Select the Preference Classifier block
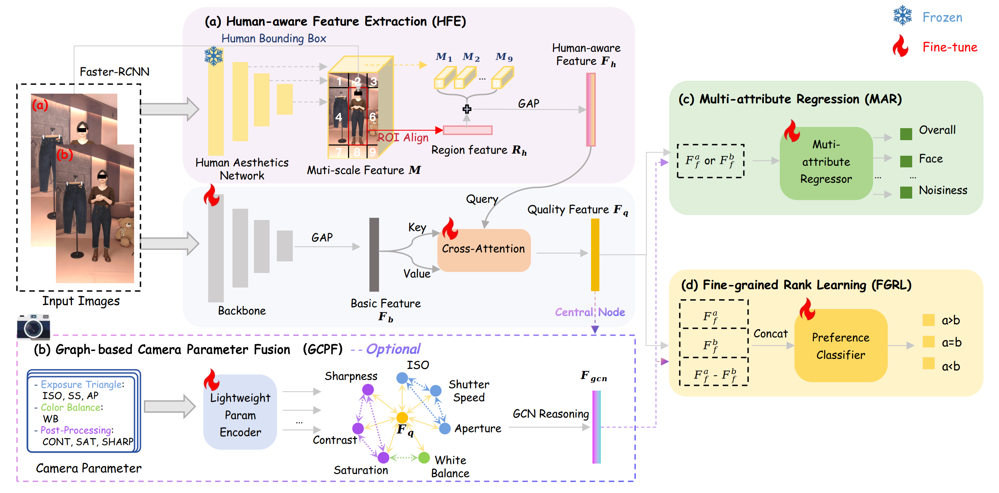click(840, 346)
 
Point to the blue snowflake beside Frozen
click(902, 16)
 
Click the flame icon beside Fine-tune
click(901, 46)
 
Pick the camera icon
click(33, 326)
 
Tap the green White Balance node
click(424, 458)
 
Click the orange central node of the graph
click(402, 417)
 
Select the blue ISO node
click(402, 378)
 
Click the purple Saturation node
click(383, 458)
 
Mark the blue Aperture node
click(445, 428)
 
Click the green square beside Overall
click(906, 134)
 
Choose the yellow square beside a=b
click(929, 342)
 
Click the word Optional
click(393, 349)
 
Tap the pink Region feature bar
click(467, 130)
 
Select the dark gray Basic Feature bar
click(374, 254)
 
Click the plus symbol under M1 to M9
click(467, 109)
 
